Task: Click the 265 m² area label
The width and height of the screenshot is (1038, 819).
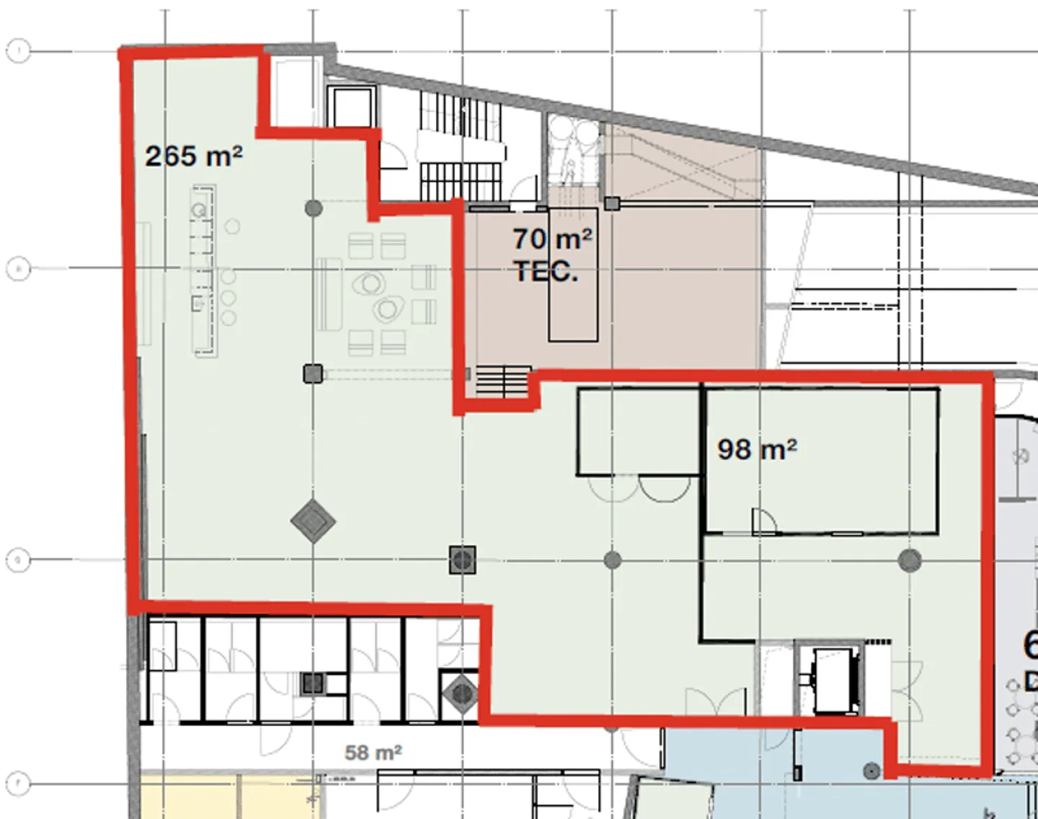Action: coord(193,156)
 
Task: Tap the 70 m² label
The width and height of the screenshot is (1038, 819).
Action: coord(552,239)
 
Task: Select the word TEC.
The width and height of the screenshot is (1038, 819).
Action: coord(546,272)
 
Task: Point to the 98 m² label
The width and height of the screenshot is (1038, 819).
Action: coord(757,449)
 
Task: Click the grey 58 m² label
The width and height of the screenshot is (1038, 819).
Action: coord(373,753)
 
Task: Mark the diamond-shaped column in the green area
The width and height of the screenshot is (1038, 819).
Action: coord(313,521)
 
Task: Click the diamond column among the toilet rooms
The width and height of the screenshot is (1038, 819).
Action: coord(461,694)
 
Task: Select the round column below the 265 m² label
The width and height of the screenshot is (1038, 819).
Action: coord(314,208)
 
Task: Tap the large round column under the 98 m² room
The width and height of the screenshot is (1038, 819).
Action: coord(910,559)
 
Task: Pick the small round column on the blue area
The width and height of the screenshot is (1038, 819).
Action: coord(871,771)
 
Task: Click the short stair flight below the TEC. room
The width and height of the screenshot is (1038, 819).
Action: coord(502,381)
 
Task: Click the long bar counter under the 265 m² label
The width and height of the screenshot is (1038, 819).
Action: coord(204,270)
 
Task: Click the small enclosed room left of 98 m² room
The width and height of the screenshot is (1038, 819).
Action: coord(638,431)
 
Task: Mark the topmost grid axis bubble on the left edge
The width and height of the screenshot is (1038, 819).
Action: coord(18,51)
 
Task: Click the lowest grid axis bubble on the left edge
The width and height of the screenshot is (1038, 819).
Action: coord(18,783)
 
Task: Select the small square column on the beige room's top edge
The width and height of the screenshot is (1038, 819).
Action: coord(612,203)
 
